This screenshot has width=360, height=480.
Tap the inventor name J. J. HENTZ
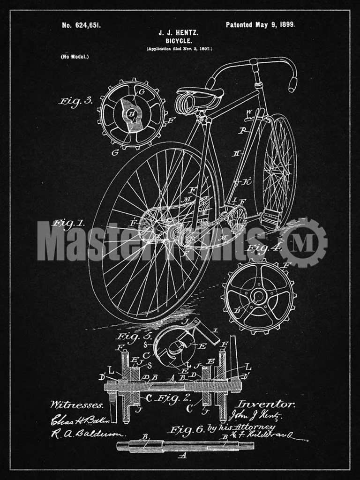(x=179, y=33)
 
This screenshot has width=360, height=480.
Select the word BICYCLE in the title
(x=179, y=41)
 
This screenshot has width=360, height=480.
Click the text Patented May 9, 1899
(x=260, y=25)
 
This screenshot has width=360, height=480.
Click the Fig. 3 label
(x=75, y=100)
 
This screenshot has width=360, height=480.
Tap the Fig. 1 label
(x=68, y=223)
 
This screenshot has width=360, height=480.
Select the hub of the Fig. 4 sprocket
(x=258, y=296)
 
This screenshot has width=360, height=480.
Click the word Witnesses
(x=76, y=404)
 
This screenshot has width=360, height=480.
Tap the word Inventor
(x=266, y=404)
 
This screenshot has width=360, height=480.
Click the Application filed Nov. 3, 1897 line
(x=179, y=49)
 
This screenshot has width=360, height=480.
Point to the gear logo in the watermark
(x=303, y=242)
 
